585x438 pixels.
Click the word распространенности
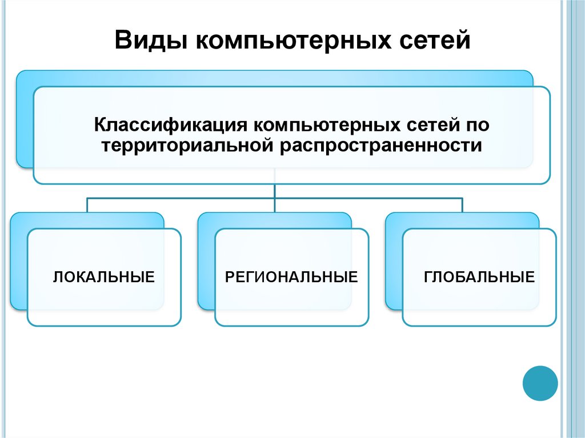click(x=380, y=146)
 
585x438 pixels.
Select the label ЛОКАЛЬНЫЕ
click(x=104, y=278)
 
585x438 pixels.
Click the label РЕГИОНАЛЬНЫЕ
click(x=291, y=278)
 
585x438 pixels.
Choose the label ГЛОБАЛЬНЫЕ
click(x=479, y=278)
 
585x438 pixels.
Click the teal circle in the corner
click(x=540, y=383)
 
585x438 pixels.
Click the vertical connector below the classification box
click(x=275, y=191)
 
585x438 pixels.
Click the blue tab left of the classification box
click(x=25, y=120)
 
